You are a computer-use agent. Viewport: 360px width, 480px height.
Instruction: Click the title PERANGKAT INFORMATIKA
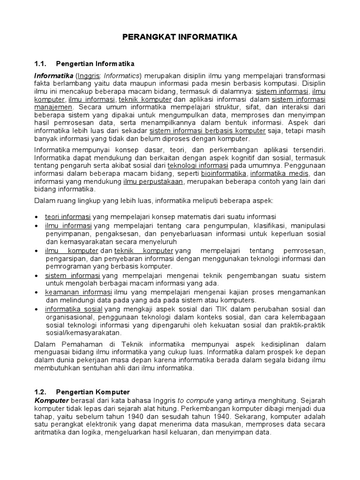(x=180, y=37)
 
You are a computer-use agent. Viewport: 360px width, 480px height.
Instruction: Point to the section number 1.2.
(x=41, y=391)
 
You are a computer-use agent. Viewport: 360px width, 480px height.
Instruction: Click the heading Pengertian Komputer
(x=93, y=391)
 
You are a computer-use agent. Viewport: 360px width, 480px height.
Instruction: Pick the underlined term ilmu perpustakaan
(x=147, y=181)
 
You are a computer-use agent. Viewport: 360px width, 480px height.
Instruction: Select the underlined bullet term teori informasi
(x=68, y=217)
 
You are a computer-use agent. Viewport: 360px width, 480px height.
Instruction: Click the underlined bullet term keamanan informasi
(x=72, y=292)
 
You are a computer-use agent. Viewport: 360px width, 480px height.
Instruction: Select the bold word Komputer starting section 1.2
(x=52, y=401)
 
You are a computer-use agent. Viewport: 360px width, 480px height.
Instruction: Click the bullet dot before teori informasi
(x=37, y=217)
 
